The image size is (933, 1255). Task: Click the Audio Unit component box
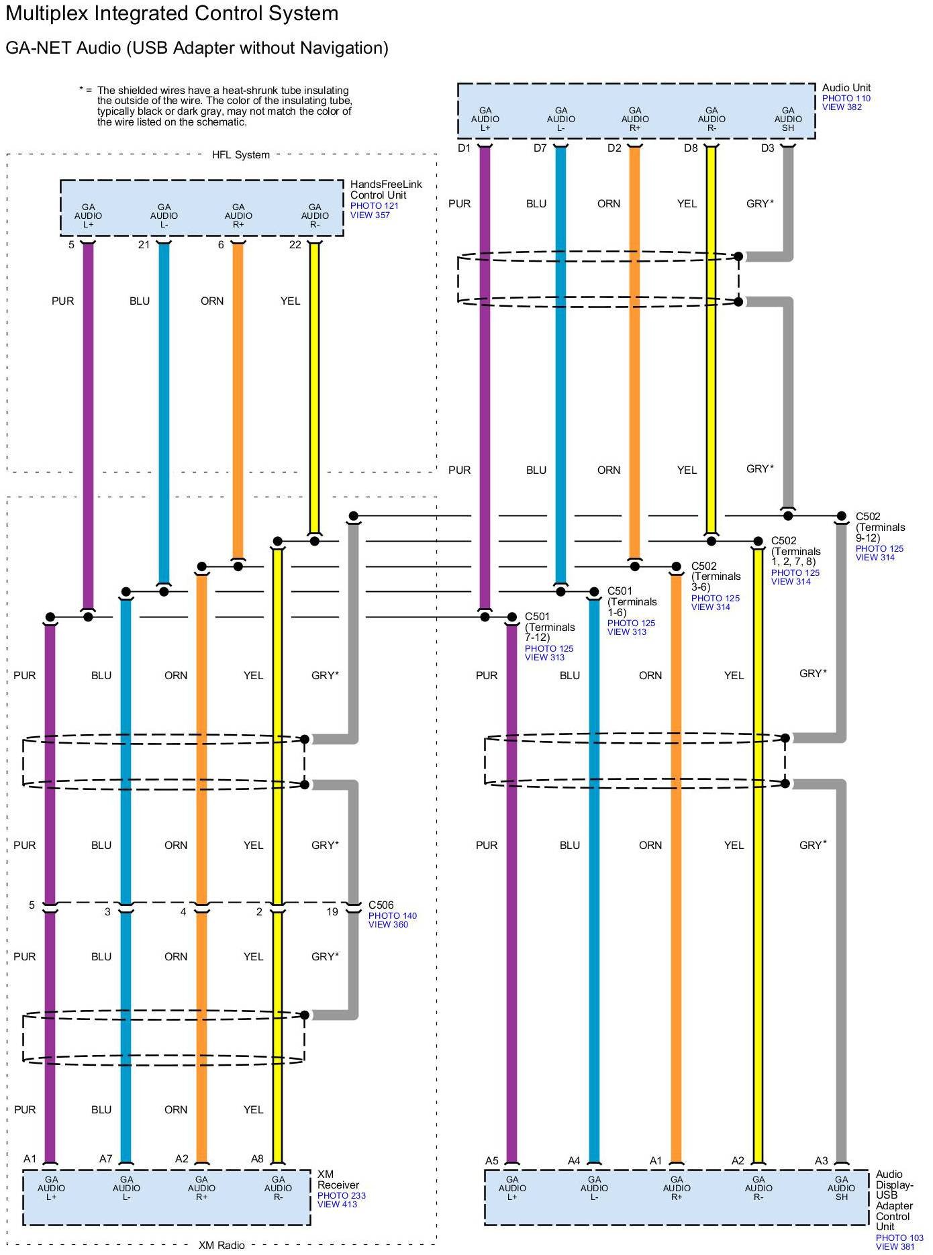point(636,111)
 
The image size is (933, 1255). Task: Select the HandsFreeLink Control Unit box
point(201,208)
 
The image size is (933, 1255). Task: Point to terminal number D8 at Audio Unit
point(691,148)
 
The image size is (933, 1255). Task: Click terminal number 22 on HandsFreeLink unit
point(295,245)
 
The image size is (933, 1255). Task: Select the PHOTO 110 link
point(846,98)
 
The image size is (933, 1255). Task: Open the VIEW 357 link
point(370,215)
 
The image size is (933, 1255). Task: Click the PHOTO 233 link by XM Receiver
point(341,1195)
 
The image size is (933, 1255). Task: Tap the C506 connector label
point(381,905)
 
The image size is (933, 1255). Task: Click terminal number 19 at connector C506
point(332,912)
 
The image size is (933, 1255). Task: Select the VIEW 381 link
point(895,1246)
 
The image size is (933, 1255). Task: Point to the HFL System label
point(240,155)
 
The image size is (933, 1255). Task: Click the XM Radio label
point(222,1245)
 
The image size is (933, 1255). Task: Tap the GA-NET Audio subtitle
point(197,48)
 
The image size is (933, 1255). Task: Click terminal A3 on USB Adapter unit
point(822,1160)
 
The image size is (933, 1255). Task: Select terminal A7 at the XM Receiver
point(105,1158)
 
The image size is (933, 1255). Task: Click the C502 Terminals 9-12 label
point(879,527)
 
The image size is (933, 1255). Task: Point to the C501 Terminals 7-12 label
point(550,627)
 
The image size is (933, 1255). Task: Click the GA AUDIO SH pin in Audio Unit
point(787,119)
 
